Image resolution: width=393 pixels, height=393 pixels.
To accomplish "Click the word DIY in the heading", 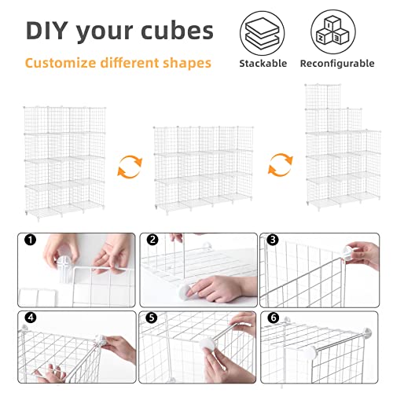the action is click(x=47, y=30).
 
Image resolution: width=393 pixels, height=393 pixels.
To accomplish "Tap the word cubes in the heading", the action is click(x=177, y=31).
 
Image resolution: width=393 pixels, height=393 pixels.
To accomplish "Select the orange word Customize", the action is click(x=61, y=64).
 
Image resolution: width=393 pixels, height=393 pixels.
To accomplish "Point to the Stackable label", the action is click(x=263, y=64).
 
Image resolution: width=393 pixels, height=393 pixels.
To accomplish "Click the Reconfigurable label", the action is click(x=337, y=64).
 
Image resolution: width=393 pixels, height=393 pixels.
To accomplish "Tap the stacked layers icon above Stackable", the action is click(x=263, y=33).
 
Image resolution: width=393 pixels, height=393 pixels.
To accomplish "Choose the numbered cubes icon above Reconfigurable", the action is click(x=333, y=32).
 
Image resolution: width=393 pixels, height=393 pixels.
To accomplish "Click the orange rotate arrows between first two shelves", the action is click(x=130, y=167).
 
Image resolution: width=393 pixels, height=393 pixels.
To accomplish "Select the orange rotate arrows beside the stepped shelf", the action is click(x=281, y=165).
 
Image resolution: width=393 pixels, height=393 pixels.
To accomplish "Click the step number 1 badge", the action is click(x=31, y=240).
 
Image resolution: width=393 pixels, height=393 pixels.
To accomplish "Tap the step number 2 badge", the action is click(x=152, y=240).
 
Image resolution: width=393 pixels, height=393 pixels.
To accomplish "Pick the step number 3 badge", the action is click(x=273, y=240).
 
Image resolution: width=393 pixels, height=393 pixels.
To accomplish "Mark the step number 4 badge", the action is click(x=31, y=318).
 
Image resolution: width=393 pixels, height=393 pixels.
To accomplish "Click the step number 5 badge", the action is click(x=152, y=318).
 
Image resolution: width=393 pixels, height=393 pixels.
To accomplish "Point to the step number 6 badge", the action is click(x=274, y=318).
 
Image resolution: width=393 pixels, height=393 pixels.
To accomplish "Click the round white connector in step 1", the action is click(x=64, y=269).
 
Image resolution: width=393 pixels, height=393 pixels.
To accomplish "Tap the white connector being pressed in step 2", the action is click(x=185, y=292).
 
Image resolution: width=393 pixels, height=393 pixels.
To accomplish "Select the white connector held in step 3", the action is click(x=348, y=253).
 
